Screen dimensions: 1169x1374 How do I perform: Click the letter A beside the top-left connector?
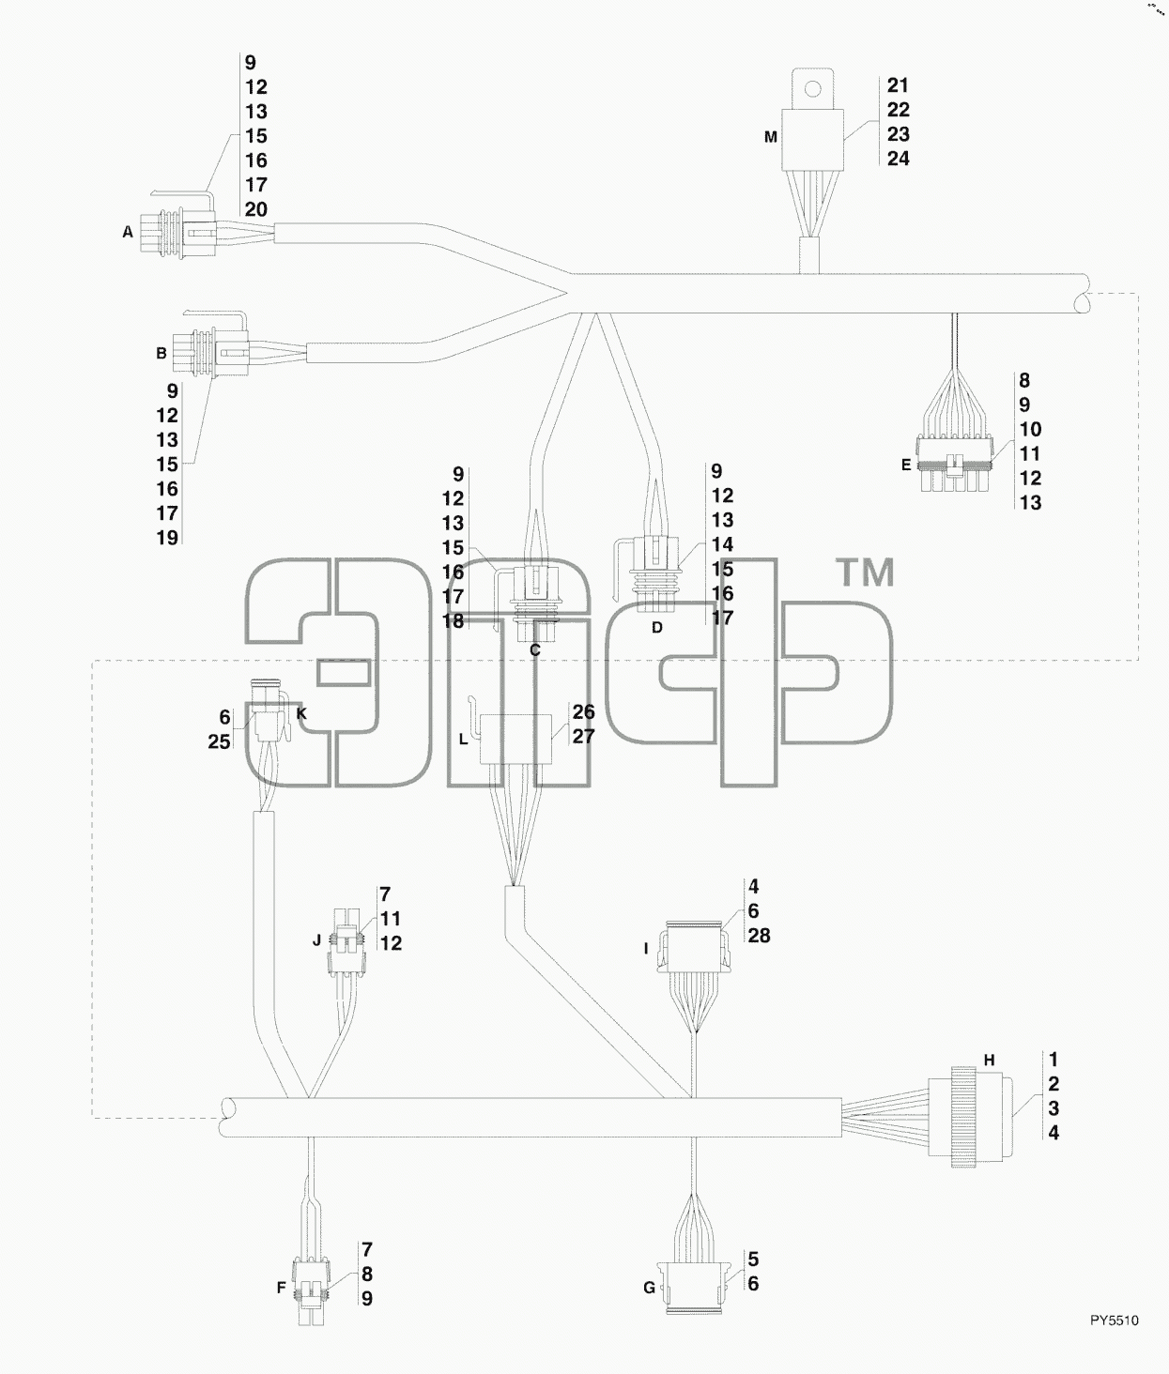[x=128, y=232]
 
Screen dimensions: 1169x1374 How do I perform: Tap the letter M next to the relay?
[x=771, y=137]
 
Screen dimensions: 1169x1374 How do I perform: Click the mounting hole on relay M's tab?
[x=812, y=88]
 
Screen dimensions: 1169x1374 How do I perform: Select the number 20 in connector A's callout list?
[x=256, y=209]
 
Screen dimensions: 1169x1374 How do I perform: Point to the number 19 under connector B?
[x=167, y=538]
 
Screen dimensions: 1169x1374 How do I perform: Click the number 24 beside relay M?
[x=899, y=159]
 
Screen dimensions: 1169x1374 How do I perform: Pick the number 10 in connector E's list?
[x=1030, y=429]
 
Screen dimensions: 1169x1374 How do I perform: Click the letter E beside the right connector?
[x=906, y=466]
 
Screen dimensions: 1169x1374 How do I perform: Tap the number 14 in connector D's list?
[x=722, y=544]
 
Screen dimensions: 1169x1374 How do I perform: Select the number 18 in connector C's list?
[x=453, y=621]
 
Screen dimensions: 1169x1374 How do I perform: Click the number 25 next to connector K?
[x=220, y=741]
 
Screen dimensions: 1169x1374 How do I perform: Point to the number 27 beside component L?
[x=583, y=736]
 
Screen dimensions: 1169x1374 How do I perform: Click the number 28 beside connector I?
[x=760, y=936]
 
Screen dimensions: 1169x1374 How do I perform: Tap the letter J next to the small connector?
[x=316, y=940]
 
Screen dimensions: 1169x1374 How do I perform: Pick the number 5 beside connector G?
[x=753, y=1259]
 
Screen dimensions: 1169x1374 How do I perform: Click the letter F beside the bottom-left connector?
[x=282, y=1289]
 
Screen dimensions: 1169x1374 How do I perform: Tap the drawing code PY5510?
[x=1115, y=1321]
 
